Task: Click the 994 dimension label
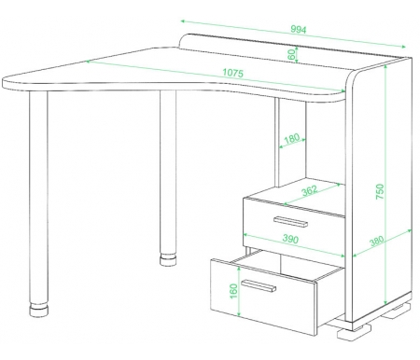click(299, 30)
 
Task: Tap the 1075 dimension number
click(232, 73)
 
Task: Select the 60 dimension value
click(291, 55)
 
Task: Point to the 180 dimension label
click(291, 138)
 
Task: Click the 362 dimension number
click(310, 190)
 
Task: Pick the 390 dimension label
click(290, 239)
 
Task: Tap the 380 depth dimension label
click(377, 241)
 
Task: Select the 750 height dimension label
click(380, 191)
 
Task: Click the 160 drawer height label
click(233, 291)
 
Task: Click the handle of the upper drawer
click(290, 222)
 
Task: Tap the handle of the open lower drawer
click(259, 286)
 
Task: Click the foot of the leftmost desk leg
click(39, 310)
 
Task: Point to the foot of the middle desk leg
click(168, 260)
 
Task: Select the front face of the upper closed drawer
click(294, 223)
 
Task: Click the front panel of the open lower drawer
click(263, 297)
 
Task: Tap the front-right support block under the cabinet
click(351, 332)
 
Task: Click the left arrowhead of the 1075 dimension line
click(89, 62)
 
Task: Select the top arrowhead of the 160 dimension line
click(239, 269)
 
